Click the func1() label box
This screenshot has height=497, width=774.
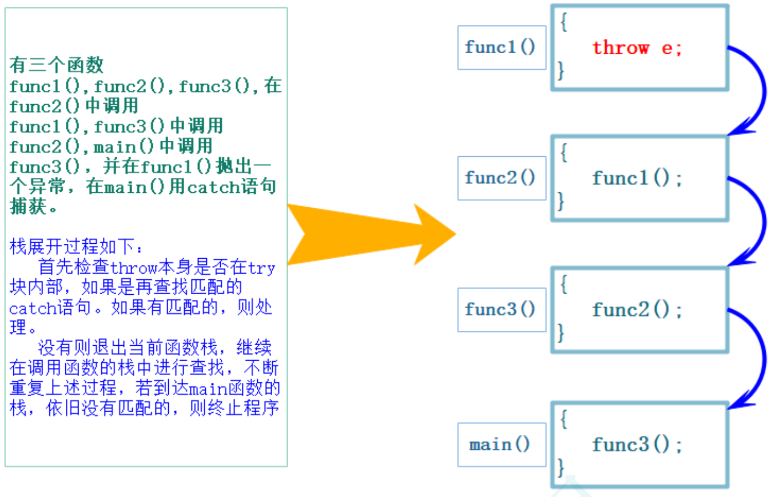click(501, 48)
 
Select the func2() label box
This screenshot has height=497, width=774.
click(501, 178)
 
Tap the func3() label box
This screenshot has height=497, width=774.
click(501, 310)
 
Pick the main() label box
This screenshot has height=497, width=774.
click(501, 444)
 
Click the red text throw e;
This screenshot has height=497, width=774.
click(637, 48)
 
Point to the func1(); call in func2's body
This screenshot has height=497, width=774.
click(637, 178)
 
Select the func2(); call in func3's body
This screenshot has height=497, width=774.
click(637, 310)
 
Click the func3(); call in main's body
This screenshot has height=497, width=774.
click(637, 444)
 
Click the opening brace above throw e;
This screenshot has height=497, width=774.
click(564, 22)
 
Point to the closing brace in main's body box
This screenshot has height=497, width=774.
click(560, 467)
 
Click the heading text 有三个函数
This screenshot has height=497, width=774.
click(56, 65)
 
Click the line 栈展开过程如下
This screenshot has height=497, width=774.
click(76, 247)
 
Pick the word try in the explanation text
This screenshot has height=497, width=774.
click(262, 268)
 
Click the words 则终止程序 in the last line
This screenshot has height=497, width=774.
click(234, 408)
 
